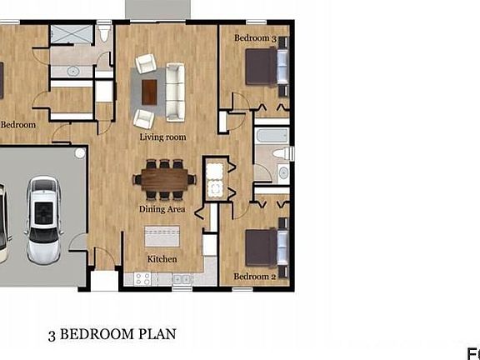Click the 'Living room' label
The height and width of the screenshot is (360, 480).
click(x=162, y=137)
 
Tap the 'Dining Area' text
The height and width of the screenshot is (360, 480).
click(x=162, y=209)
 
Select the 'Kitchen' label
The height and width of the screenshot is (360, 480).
click(x=162, y=259)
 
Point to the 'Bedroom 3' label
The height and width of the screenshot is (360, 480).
click(x=254, y=38)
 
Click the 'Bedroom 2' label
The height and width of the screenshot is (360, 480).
click(x=254, y=276)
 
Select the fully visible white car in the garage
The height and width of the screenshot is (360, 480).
click(x=42, y=218)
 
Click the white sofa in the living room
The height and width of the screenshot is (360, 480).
click(x=175, y=91)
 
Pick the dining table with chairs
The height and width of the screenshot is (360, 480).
click(x=164, y=178)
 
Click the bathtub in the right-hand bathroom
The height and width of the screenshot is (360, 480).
click(x=271, y=136)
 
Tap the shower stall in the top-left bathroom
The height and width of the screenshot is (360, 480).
click(x=64, y=35)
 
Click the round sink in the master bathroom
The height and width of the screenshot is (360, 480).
click(x=73, y=72)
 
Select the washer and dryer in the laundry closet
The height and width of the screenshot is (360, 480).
click(x=214, y=180)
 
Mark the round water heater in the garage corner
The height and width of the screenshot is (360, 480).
click(x=80, y=153)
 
